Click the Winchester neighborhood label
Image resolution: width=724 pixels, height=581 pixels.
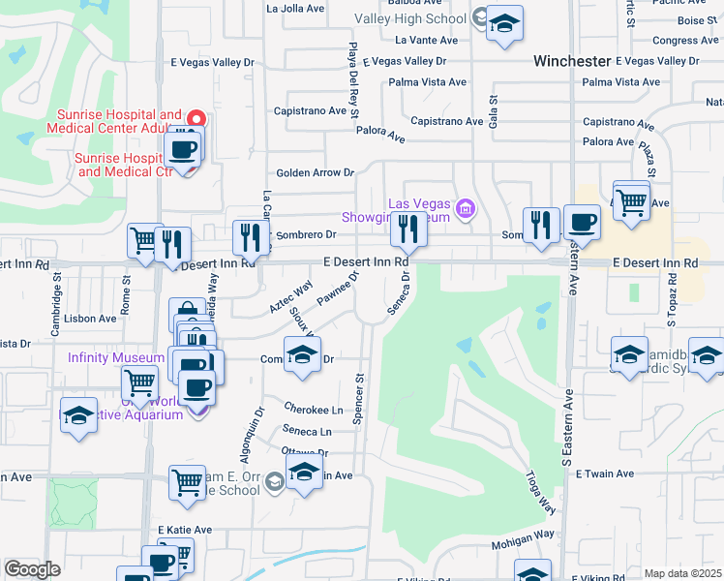coord(572,60)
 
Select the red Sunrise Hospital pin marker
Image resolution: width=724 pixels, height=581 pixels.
coord(195,120)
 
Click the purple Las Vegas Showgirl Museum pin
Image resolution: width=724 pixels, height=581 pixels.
coord(466,207)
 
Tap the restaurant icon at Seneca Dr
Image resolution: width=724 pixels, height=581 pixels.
coord(408,229)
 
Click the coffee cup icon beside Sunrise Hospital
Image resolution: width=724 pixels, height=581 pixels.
coord(183,149)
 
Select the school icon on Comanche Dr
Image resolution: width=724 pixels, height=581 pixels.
coord(302,355)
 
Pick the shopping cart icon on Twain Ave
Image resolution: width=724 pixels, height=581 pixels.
coord(187,482)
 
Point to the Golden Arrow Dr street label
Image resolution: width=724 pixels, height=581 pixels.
coord(316,172)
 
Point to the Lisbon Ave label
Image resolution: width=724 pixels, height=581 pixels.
coord(91,318)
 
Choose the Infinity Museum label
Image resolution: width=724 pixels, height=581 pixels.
coord(116,357)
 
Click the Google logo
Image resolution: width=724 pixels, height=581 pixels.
coord(32,568)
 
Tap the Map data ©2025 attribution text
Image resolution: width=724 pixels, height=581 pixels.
coord(683,573)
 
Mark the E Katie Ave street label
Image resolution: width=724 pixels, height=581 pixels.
coord(184,530)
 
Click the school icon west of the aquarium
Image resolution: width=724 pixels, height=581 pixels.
coord(78,416)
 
